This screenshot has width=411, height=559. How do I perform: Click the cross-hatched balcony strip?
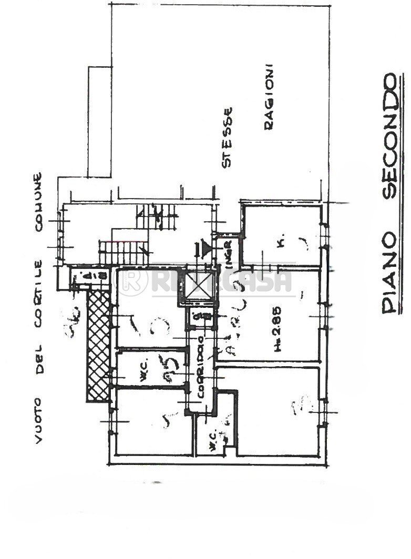point(99,347)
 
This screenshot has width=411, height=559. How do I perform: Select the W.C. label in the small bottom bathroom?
point(209,444)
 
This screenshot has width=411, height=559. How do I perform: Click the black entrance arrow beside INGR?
point(201,247)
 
